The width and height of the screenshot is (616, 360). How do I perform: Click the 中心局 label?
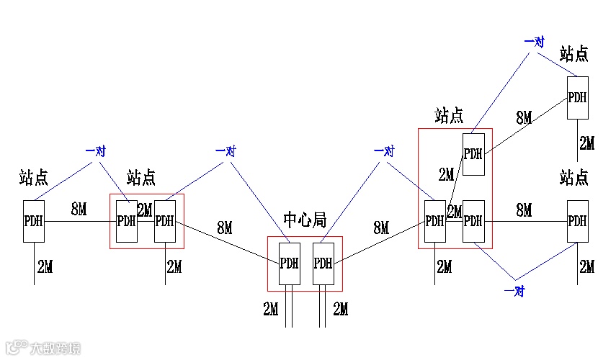[x=304, y=220]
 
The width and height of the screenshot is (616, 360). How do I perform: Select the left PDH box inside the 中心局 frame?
[x=289, y=264]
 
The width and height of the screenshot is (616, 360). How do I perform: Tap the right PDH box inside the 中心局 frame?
[x=323, y=264]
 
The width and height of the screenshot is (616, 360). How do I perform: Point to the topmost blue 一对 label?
[x=534, y=42]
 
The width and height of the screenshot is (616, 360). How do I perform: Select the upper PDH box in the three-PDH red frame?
[x=473, y=153]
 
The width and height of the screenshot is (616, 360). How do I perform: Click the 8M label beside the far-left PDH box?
[x=79, y=210]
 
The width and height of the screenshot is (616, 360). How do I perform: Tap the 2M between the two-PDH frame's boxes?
[x=145, y=210]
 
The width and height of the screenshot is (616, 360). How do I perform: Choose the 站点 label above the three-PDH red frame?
[x=449, y=115]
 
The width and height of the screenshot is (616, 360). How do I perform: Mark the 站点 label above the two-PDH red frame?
[x=140, y=177]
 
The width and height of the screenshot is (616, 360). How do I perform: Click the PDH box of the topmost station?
[x=577, y=97]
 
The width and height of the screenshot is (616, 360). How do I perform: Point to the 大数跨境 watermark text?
[x=55, y=348]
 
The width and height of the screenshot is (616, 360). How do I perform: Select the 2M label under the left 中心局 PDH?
[x=270, y=310]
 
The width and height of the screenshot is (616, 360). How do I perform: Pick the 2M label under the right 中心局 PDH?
[x=341, y=310]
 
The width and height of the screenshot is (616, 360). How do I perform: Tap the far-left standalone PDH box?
[x=33, y=221]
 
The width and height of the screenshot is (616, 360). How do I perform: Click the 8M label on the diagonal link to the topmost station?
[x=524, y=118]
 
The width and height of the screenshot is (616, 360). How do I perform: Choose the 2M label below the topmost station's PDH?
[x=587, y=143]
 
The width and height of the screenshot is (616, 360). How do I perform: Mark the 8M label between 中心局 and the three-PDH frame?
[x=381, y=228]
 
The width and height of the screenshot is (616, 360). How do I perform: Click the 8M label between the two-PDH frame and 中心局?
[x=225, y=228]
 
